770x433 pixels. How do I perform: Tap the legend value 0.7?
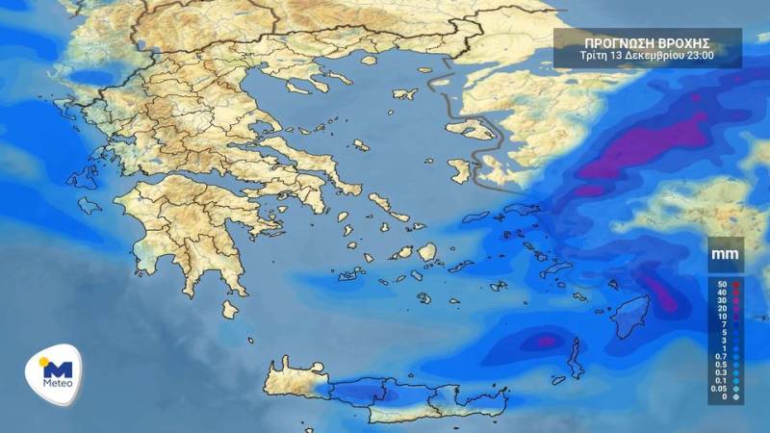(x=720, y=355)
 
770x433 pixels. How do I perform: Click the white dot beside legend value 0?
(x=737, y=396)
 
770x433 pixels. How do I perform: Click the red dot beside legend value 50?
(x=737, y=285)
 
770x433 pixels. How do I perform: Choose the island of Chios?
(x=460, y=172)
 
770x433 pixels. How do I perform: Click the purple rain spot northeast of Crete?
(x=547, y=340)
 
